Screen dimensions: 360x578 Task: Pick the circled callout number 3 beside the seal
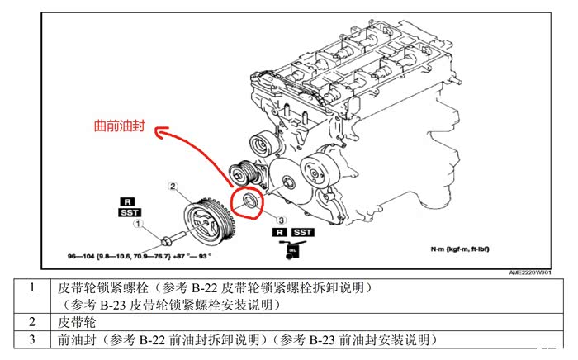pos(281,220)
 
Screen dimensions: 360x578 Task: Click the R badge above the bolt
pos(127,201)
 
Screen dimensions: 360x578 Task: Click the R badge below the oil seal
pos(282,233)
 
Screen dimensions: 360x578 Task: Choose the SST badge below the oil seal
pos(302,233)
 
